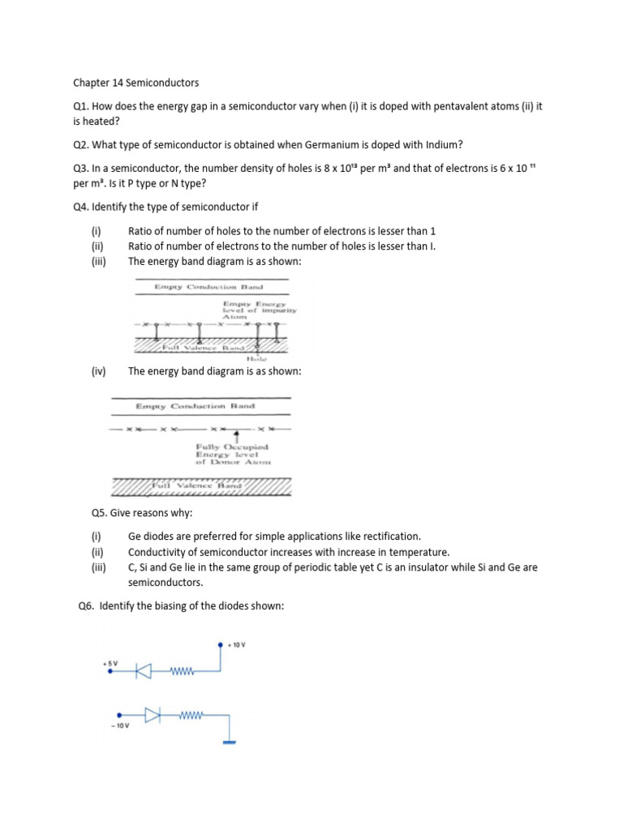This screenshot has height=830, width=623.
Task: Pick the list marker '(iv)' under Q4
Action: tap(99, 370)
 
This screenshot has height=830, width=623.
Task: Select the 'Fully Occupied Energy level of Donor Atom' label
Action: tap(233, 455)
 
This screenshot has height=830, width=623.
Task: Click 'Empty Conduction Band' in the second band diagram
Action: tap(196, 405)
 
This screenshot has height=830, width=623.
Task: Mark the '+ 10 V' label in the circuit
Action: tap(236, 645)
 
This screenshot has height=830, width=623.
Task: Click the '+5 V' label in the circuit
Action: tap(110, 663)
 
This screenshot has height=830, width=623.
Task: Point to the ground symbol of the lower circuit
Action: tap(228, 741)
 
